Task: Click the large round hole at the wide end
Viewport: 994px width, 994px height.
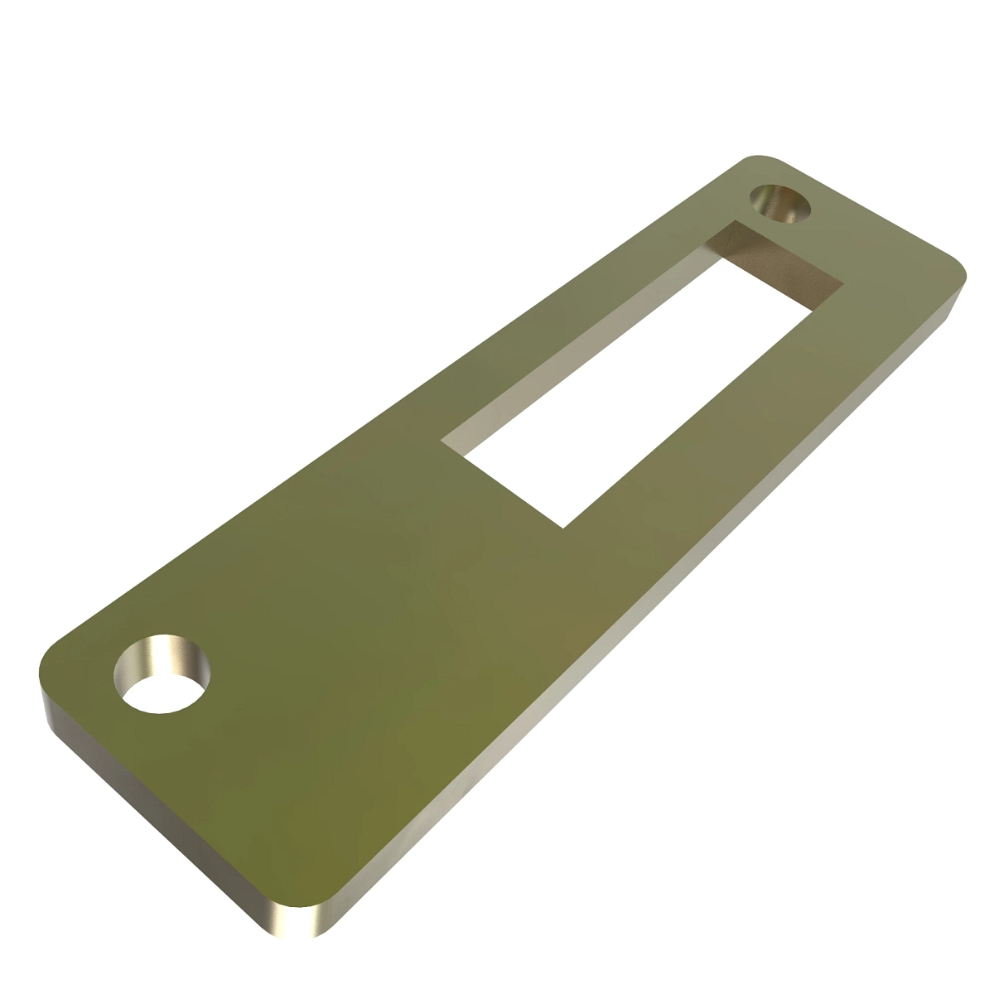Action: [x=162, y=676]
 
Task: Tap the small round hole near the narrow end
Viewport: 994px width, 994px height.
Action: [x=779, y=204]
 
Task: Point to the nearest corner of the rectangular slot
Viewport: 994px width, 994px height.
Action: [x=563, y=527]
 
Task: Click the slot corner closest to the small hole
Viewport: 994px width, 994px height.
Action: [x=734, y=221]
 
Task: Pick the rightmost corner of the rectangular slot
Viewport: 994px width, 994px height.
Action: [x=842, y=285]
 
